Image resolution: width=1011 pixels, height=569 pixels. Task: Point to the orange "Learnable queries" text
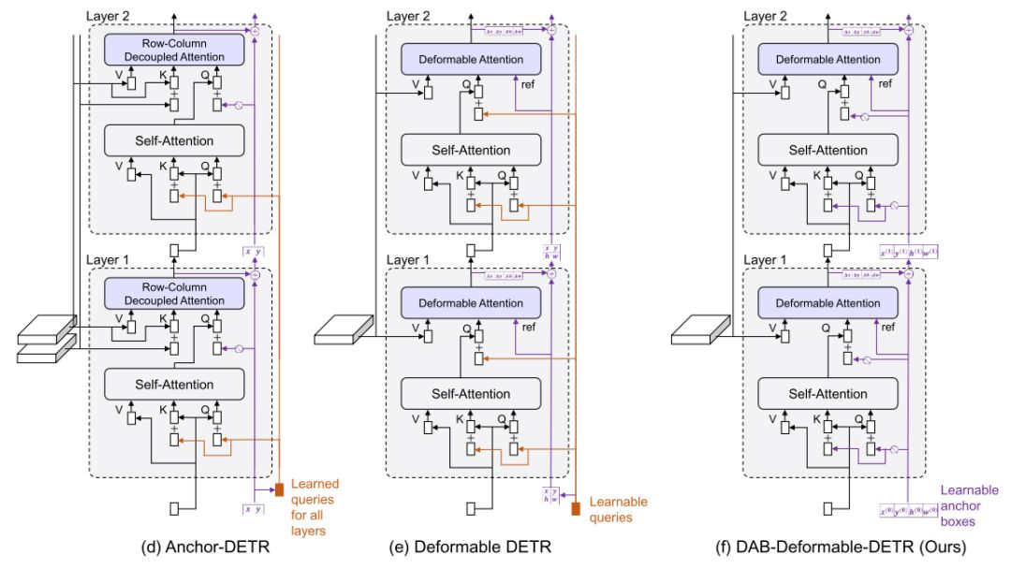(618, 509)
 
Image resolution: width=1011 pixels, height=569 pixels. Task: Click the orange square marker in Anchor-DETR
(279, 489)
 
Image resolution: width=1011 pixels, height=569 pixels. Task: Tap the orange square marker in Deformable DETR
(576, 509)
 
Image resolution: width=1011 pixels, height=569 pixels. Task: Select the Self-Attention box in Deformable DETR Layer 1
(471, 394)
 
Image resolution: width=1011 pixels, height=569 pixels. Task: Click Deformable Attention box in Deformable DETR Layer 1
(471, 303)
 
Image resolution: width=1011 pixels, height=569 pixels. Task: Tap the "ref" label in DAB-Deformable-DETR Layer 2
(888, 83)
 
